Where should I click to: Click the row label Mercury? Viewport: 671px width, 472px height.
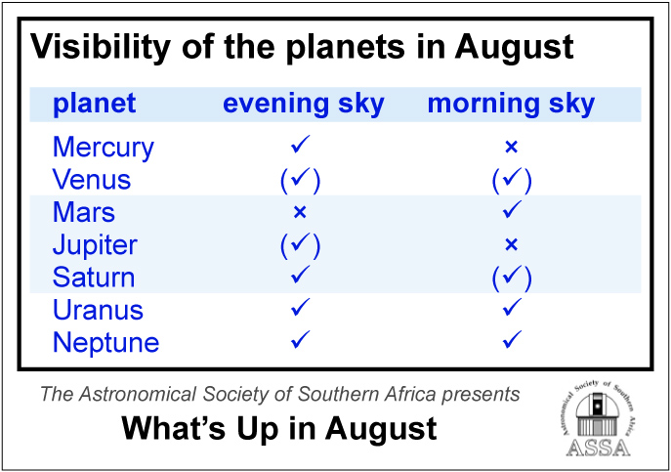click(x=104, y=149)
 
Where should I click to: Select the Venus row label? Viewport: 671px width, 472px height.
click(x=92, y=180)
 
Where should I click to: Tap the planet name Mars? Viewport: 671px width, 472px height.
click(x=84, y=212)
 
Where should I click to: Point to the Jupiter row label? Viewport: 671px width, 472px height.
click(x=95, y=245)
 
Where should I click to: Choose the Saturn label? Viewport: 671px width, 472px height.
click(x=94, y=278)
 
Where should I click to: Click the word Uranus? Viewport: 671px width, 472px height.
click(x=98, y=310)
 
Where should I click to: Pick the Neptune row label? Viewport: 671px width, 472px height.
click(x=106, y=343)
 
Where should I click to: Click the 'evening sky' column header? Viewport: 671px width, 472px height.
click(x=304, y=105)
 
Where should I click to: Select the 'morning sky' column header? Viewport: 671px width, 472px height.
click(x=512, y=105)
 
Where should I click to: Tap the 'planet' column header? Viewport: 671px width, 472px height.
click(x=94, y=105)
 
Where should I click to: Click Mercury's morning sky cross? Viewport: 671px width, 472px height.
click(x=512, y=147)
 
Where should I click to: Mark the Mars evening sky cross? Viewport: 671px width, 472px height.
click(x=300, y=212)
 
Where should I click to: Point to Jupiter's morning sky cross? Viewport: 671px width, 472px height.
click(x=512, y=244)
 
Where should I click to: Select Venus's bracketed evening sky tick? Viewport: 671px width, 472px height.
click(x=300, y=180)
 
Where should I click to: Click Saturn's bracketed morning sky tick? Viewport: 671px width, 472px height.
click(x=512, y=278)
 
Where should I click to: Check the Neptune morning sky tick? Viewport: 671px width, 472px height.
click(x=512, y=339)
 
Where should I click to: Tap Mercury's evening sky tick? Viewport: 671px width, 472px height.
click(x=301, y=144)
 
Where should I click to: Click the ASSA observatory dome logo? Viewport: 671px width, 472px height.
click(x=598, y=417)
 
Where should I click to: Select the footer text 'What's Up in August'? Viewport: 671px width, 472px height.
click(x=279, y=428)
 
